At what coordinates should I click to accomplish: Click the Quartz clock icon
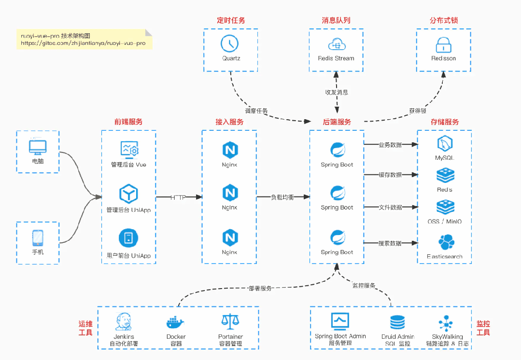(x=230, y=43)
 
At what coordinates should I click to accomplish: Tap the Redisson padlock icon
(x=443, y=45)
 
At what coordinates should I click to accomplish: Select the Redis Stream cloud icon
(x=336, y=45)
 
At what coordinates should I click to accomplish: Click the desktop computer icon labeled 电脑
(x=37, y=146)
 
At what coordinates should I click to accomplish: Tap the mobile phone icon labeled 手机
(x=38, y=238)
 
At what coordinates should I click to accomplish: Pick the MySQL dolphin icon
(x=445, y=144)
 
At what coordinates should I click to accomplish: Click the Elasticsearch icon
(x=445, y=242)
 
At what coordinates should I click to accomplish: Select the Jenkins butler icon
(x=124, y=321)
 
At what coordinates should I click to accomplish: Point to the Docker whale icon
(x=176, y=322)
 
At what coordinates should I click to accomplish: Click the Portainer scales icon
(x=230, y=322)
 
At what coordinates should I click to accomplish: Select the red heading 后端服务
(x=337, y=122)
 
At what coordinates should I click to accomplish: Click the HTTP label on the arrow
(x=178, y=197)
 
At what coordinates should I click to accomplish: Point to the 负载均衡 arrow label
(x=282, y=197)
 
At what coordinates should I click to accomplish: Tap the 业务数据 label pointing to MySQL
(x=390, y=144)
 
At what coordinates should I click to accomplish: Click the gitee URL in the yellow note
(x=83, y=43)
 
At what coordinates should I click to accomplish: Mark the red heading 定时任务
(x=231, y=20)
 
